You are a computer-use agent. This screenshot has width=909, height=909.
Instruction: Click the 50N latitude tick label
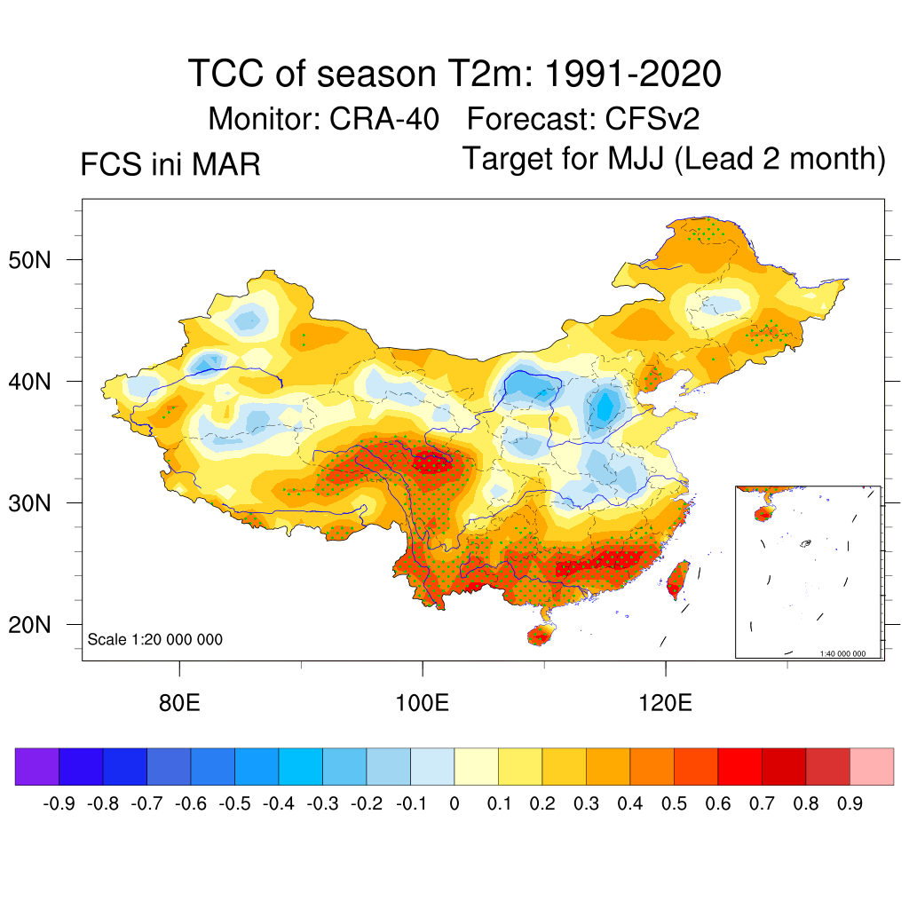tap(41, 260)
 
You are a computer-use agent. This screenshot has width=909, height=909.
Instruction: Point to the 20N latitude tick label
tap(41, 625)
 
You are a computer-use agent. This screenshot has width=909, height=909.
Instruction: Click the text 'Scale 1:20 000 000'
tap(155, 639)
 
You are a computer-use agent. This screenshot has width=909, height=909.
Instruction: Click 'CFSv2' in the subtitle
tap(655, 118)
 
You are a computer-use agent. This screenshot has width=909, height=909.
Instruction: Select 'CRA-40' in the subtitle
tap(385, 118)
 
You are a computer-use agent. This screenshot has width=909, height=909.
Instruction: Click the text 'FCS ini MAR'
tap(170, 165)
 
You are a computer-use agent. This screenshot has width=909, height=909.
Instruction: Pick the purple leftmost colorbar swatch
tap(37, 767)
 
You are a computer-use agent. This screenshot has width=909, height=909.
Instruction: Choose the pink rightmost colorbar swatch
tap(872, 767)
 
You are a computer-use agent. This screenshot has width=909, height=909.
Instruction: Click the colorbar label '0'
tap(454, 804)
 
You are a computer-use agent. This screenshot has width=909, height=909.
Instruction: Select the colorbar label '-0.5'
tap(235, 804)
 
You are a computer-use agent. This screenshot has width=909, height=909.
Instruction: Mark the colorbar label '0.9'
tap(850, 804)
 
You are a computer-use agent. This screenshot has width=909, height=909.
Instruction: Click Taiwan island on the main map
tap(677, 578)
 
